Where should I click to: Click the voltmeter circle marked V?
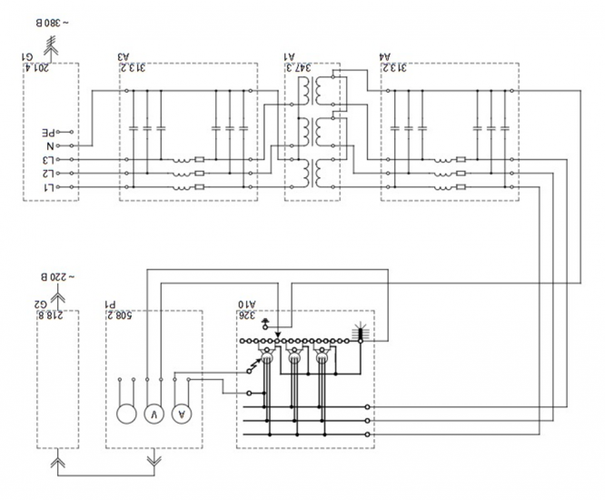(155, 414)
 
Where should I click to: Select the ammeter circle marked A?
(182, 414)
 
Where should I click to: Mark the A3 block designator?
(124, 57)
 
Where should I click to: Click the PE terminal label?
(58, 131)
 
